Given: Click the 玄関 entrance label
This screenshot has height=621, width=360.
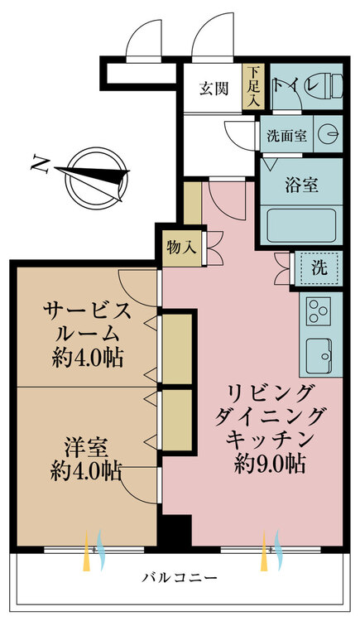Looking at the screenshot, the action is (214, 89).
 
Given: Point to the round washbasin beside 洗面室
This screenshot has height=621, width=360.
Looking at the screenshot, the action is (328, 134).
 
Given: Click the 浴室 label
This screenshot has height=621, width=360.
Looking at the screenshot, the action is (301, 185).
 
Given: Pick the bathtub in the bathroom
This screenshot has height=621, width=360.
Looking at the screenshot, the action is (301, 226).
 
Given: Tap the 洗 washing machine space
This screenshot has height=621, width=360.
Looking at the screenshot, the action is (319, 267).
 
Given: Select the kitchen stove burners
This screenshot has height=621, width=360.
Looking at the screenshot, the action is (319, 310).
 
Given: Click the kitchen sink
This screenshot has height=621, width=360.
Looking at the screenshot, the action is (319, 355).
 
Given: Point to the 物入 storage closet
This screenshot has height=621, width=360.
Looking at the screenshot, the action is (181, 248).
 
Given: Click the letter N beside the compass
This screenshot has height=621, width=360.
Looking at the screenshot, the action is (41, 165).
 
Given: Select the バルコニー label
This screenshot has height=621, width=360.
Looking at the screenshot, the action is (180, 577).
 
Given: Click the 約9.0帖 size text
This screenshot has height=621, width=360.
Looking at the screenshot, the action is (270, 464).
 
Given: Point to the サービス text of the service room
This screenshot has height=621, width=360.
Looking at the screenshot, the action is (87, 310).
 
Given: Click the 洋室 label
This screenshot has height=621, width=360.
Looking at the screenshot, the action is (85, 448).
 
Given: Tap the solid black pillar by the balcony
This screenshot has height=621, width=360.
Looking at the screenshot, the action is (175, 533).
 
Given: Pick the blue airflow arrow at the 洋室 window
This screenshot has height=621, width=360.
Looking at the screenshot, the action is (101, 550).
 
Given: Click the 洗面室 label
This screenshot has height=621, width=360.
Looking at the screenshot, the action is (286, 137).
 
